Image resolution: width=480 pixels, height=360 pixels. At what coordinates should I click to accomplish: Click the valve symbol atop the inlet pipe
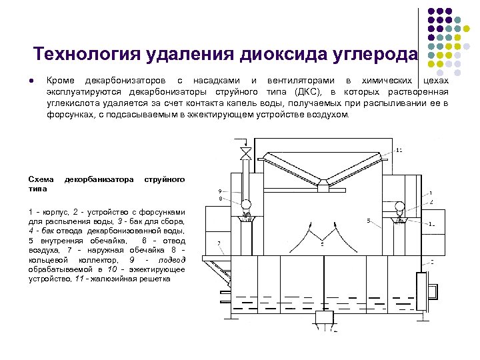pyautogui.click(x=245, y=155)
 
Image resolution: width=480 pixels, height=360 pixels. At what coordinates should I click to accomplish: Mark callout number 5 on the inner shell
pyautogui.click(x=368, y=221)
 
